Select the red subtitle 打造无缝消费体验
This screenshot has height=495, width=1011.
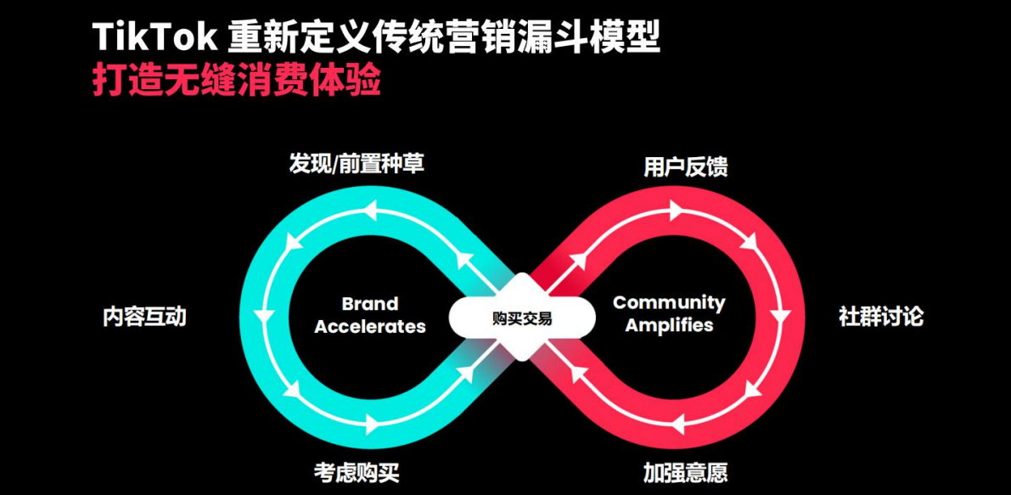pos(237,82)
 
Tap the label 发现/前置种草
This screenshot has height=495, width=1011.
pos(357,163)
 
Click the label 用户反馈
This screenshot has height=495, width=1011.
pos(685,167)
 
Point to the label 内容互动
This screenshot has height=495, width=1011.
pos(144,317)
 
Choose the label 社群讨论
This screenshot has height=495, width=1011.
pos(881,317)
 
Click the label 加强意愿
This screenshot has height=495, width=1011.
pos(685,472)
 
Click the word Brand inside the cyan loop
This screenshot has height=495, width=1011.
pos(369,304)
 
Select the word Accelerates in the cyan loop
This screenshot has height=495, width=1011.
pos(370,327)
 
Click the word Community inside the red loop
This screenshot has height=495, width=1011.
pos(669,302)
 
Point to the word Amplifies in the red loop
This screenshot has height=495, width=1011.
pos(669,325)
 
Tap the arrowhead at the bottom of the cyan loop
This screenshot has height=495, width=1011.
pos(371,422)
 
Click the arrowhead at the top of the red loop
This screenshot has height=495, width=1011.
pos(675,208)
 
